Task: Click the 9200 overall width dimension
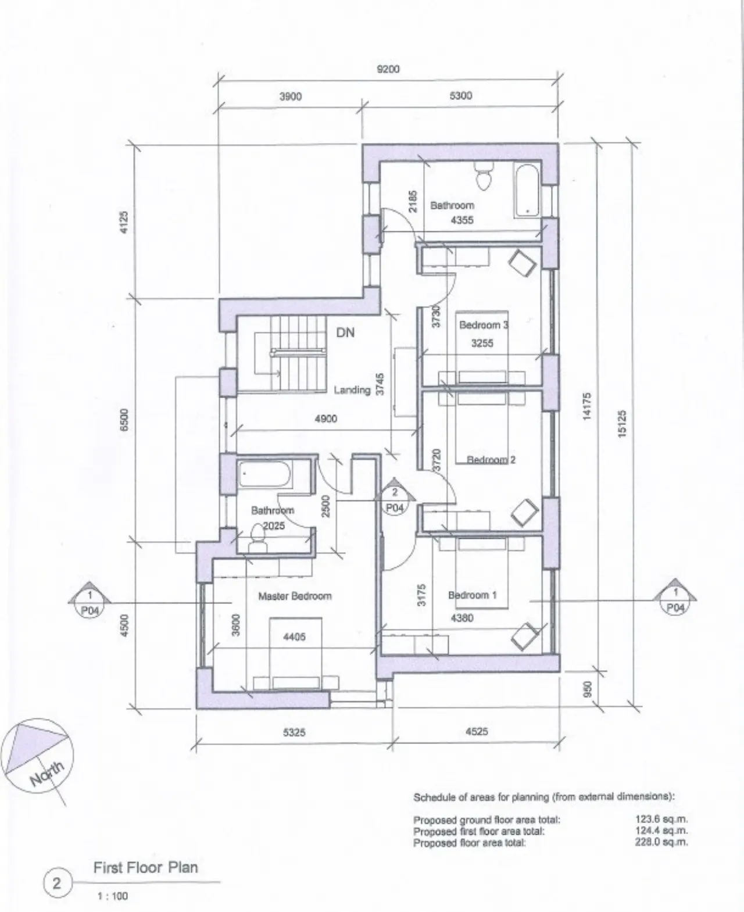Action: tap(388, 69)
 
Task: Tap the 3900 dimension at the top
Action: tap(290, 96)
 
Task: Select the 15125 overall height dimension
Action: tap(621, 424)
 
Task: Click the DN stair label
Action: tap(345, 333)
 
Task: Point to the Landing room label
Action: tap(352, 390)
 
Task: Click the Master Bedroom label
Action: tap(295, 596)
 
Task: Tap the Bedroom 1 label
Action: tap(472, 595)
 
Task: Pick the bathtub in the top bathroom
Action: tap(528, 191)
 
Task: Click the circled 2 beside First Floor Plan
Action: tap(57, 884)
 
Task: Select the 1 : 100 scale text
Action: tap(113, 896)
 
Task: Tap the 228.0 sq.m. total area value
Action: tap(661, 842)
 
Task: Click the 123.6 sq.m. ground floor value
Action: tap(661, 820)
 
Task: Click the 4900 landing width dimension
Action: tap(325, 419)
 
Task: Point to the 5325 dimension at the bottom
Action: tap(294, 732)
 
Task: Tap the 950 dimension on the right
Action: tap(588, 689)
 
